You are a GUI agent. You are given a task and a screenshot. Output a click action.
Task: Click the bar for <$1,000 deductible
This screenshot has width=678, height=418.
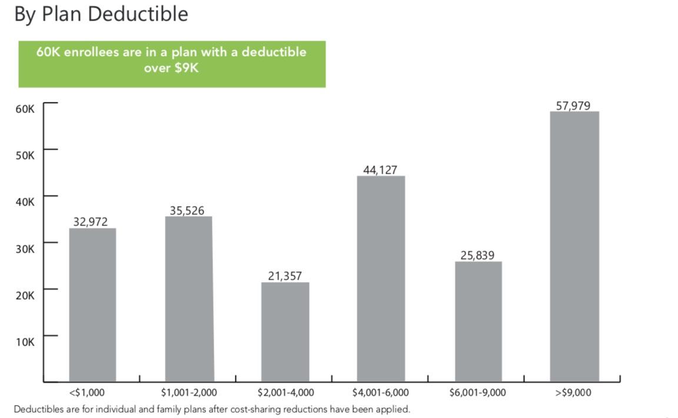92,304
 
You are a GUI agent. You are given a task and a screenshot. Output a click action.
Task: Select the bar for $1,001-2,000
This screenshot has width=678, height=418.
188,298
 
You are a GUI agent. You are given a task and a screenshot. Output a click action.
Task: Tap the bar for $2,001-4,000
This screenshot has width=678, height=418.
285,331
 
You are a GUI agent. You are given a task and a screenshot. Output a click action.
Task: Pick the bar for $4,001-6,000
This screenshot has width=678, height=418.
381,278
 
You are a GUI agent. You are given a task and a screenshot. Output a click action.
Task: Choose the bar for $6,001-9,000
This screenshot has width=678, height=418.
478,321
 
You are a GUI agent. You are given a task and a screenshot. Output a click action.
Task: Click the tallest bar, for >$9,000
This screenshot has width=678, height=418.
574,246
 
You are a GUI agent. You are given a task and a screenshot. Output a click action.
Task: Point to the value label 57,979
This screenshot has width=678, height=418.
573,106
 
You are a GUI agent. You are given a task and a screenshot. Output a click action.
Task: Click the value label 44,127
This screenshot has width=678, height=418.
380,170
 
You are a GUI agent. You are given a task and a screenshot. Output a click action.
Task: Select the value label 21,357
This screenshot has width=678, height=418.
284,276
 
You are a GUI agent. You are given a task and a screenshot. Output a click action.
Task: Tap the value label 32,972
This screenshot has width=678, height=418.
91,222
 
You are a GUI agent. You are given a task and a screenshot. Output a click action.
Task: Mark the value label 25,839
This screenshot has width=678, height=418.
477,256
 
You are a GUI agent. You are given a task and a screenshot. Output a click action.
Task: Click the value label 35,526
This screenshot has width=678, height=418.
187,210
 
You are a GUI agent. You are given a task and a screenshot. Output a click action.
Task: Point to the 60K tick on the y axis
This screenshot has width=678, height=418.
25,109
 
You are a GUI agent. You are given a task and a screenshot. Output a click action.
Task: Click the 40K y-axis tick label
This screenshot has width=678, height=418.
25,202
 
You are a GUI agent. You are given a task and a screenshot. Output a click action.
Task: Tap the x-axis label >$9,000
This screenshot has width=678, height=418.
573,392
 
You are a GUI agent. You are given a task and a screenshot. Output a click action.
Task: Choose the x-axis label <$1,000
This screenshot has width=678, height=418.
91,392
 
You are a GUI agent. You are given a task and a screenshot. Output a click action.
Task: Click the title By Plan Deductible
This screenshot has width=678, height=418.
101,14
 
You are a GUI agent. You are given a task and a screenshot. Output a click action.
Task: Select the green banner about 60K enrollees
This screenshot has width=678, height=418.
172,64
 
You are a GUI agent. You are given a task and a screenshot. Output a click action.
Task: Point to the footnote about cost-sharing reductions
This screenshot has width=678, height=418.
211,409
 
